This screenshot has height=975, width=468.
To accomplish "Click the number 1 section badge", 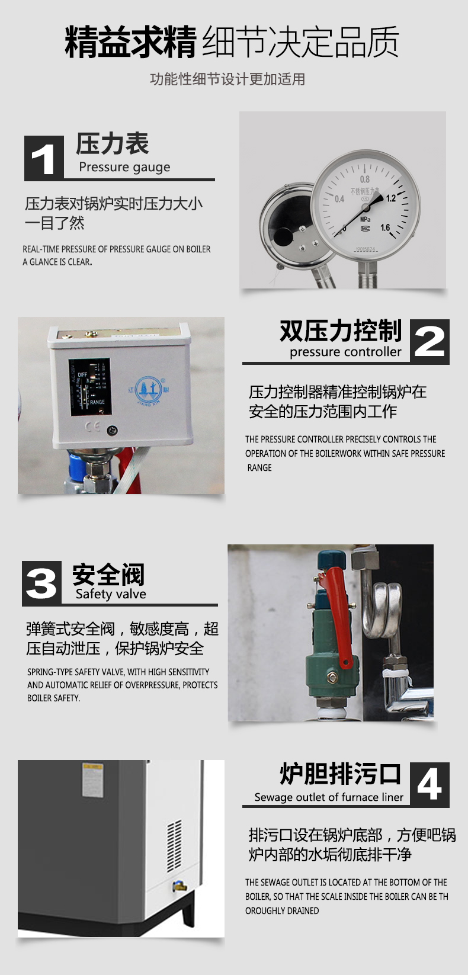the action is pyautogui.click(x=44, y=158).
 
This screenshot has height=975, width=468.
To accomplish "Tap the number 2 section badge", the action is pyautogui.click(x=429, y=342).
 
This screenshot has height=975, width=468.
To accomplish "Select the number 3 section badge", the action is pyautogui.click(x=42, y=583).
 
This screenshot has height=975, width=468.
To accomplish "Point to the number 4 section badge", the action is pyautogui.click(x=429, y=784).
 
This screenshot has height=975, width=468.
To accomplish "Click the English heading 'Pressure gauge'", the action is pyautogui.click(x=124, y=168).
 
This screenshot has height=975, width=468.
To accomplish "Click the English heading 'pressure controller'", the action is pyautogui.click(x=345, y=352).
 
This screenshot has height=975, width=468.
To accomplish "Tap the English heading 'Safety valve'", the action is pyautogui.click(x=111, y=594).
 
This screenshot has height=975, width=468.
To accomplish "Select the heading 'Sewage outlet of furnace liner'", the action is pyautogui.click(x=329, y=797).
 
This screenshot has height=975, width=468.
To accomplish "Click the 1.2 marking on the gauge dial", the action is pyautogui.click(x=391, y=198).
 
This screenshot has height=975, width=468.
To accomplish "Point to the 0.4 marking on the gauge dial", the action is pyautogui.click(x=339, y=199).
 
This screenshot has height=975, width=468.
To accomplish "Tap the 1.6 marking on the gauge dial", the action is pyautogui.click(x=385, y=227).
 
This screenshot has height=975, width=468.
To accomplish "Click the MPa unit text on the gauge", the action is pyautogui.click(x=366, y=219).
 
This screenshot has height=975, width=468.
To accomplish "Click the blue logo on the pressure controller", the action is pyautogui.click(x=149, y=390).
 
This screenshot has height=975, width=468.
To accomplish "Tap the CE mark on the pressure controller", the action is pyautogui.click(x=92, y=426).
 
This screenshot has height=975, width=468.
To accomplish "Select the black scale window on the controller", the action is pyautogui.click(x=89, y=387).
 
